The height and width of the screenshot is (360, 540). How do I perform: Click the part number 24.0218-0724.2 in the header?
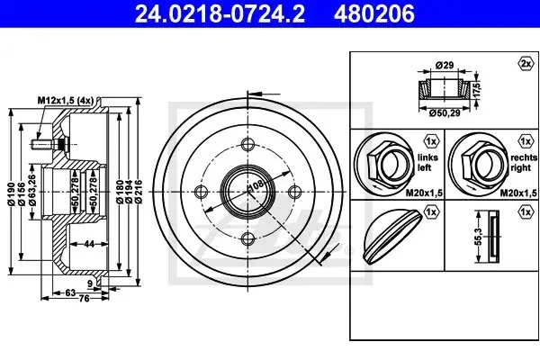point(220,13)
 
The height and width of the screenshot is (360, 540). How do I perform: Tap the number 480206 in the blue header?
point(374,13)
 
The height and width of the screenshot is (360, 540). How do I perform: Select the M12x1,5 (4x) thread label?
point(66,100)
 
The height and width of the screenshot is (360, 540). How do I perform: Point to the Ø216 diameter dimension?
point(139,191)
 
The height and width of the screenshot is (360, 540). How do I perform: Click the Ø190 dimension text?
point(12,194)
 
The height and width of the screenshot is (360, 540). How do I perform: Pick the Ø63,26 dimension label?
point(32,190)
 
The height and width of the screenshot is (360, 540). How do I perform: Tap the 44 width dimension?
point(89,244)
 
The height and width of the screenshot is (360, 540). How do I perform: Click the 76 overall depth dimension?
point(85,298)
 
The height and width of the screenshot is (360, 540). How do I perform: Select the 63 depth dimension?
point(70,292)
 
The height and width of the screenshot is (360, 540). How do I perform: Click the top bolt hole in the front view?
point(247,144)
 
